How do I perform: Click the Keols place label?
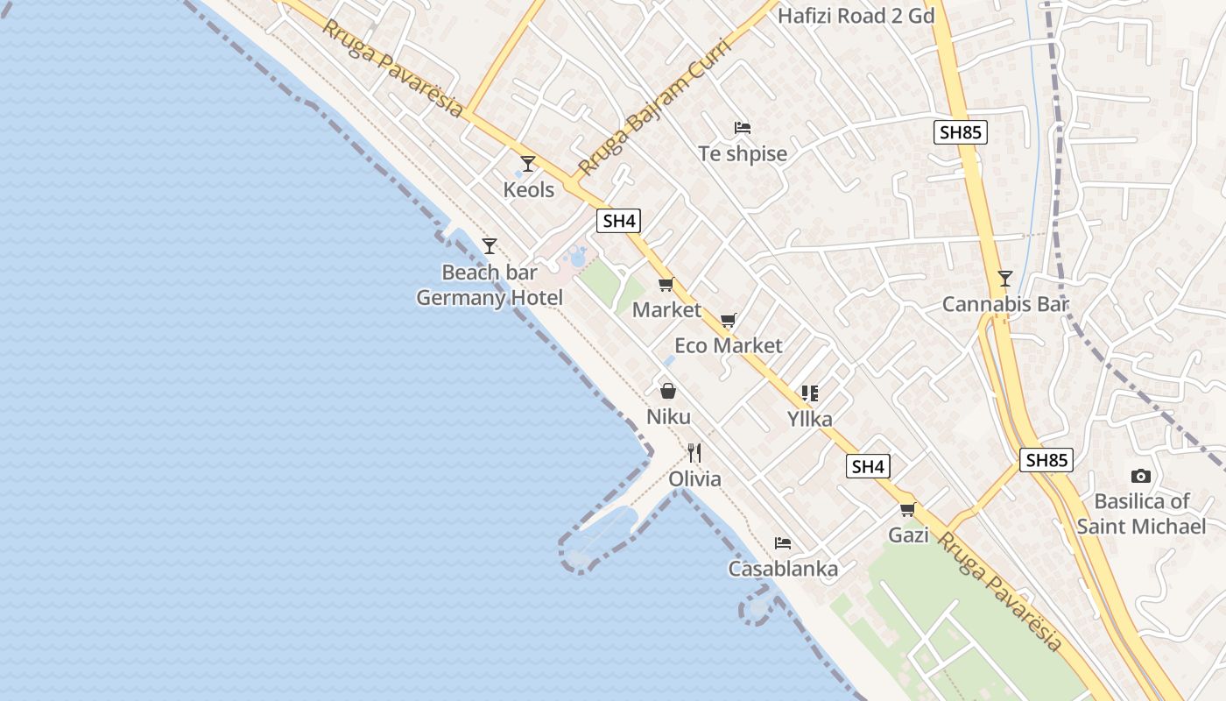point(529,189)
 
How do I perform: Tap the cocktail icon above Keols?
point(527,164)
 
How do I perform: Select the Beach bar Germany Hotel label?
point(490,285)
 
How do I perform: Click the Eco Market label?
point(729,345)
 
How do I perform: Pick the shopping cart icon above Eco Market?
point(729,321)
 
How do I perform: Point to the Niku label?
point(668,416)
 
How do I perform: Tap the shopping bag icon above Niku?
point(668,391)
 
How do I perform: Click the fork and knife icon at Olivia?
point(694,453)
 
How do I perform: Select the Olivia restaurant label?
point(695,479)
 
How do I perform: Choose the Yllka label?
point(810,419)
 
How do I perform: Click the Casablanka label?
point(783,569)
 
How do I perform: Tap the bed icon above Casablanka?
point(783,543)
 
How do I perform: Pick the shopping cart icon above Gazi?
point(908,509)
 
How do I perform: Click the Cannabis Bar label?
point(1006,305)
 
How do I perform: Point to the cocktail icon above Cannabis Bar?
point(1005,280)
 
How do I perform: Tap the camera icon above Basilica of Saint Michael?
point(1141,477)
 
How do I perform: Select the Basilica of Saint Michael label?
point(1141,513)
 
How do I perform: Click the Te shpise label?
point(743,154)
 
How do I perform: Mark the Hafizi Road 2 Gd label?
point(856,16)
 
